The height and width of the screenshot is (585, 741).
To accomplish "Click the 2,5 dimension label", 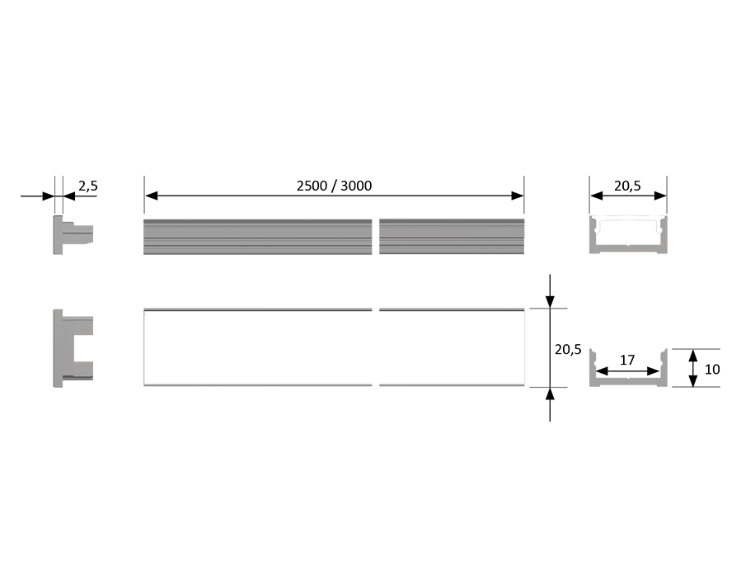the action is [x=88, y=186].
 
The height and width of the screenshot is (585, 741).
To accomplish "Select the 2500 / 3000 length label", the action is [x=334, y=186].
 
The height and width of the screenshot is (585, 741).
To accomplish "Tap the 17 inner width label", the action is [x=627, y=361].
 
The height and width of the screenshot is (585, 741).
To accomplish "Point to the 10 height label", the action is [x=712, y=369].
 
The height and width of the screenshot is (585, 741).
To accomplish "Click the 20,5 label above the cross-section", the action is [x=627, y=186].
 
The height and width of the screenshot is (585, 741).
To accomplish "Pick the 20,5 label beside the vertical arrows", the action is [x=568, y=350].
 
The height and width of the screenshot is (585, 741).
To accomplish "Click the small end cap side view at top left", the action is [x=73, y=235].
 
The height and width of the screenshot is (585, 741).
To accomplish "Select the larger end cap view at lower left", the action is [x=73, y=348].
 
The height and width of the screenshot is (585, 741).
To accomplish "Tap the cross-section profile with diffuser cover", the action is [x=628, y=234].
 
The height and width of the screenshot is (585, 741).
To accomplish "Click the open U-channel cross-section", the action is [x=628, y=368].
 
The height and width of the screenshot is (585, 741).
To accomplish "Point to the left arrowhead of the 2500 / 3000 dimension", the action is [x=151, y=196].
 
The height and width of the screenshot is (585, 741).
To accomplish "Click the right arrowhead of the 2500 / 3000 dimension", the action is [x=518, y=196].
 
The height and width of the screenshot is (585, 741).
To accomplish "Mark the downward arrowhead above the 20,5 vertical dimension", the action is [x=550, y=302].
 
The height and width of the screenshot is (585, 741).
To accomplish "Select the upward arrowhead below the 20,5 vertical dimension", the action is [x=550, y=394].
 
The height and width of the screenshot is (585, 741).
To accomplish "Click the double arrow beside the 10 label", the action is [x=693, y=368].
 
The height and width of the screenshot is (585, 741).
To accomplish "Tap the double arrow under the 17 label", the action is [x=627, y=371].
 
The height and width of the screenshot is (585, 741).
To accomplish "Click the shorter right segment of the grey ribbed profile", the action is [x=452, y=237].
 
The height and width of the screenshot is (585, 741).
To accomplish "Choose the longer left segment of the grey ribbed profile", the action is [x=257, y=237].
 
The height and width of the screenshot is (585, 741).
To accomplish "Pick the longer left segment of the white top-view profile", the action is [x=257, y=347].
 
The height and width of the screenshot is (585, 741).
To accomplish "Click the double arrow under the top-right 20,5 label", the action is [x=628, y=196].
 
